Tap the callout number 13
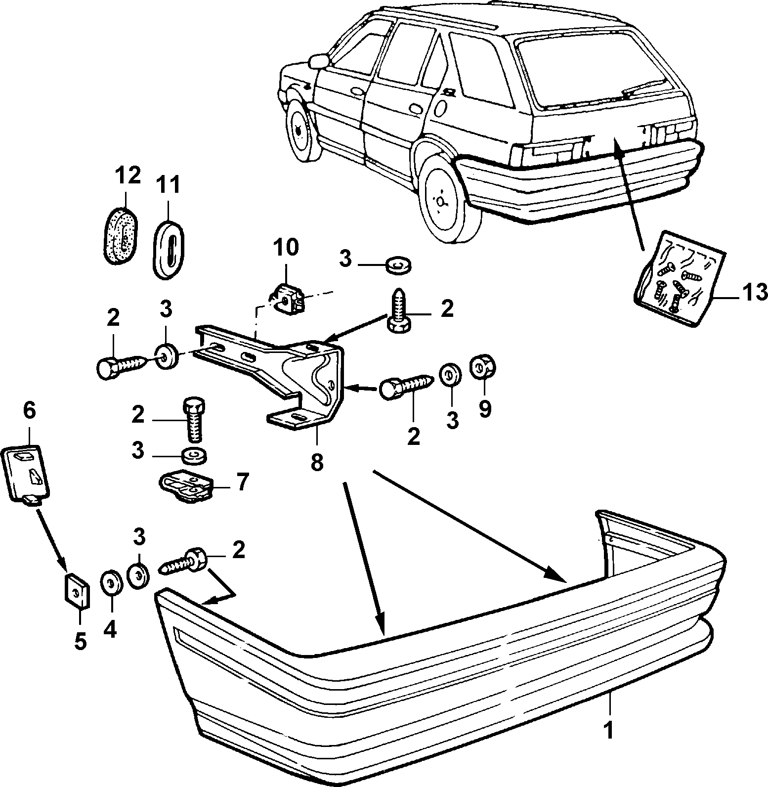pyautogui.click(x=754, y=292)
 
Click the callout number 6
pyautogui.click(x=29, y=410)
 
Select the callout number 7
pyautogui.click(x=242, y=481)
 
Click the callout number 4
pyautogui.click(x=110, y=629)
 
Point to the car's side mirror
pyautogui.click(x=318, y=61)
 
